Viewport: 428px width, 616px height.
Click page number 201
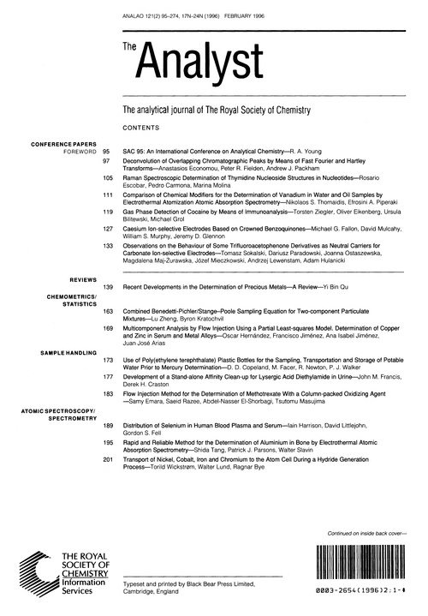click(x=108, y=459)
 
